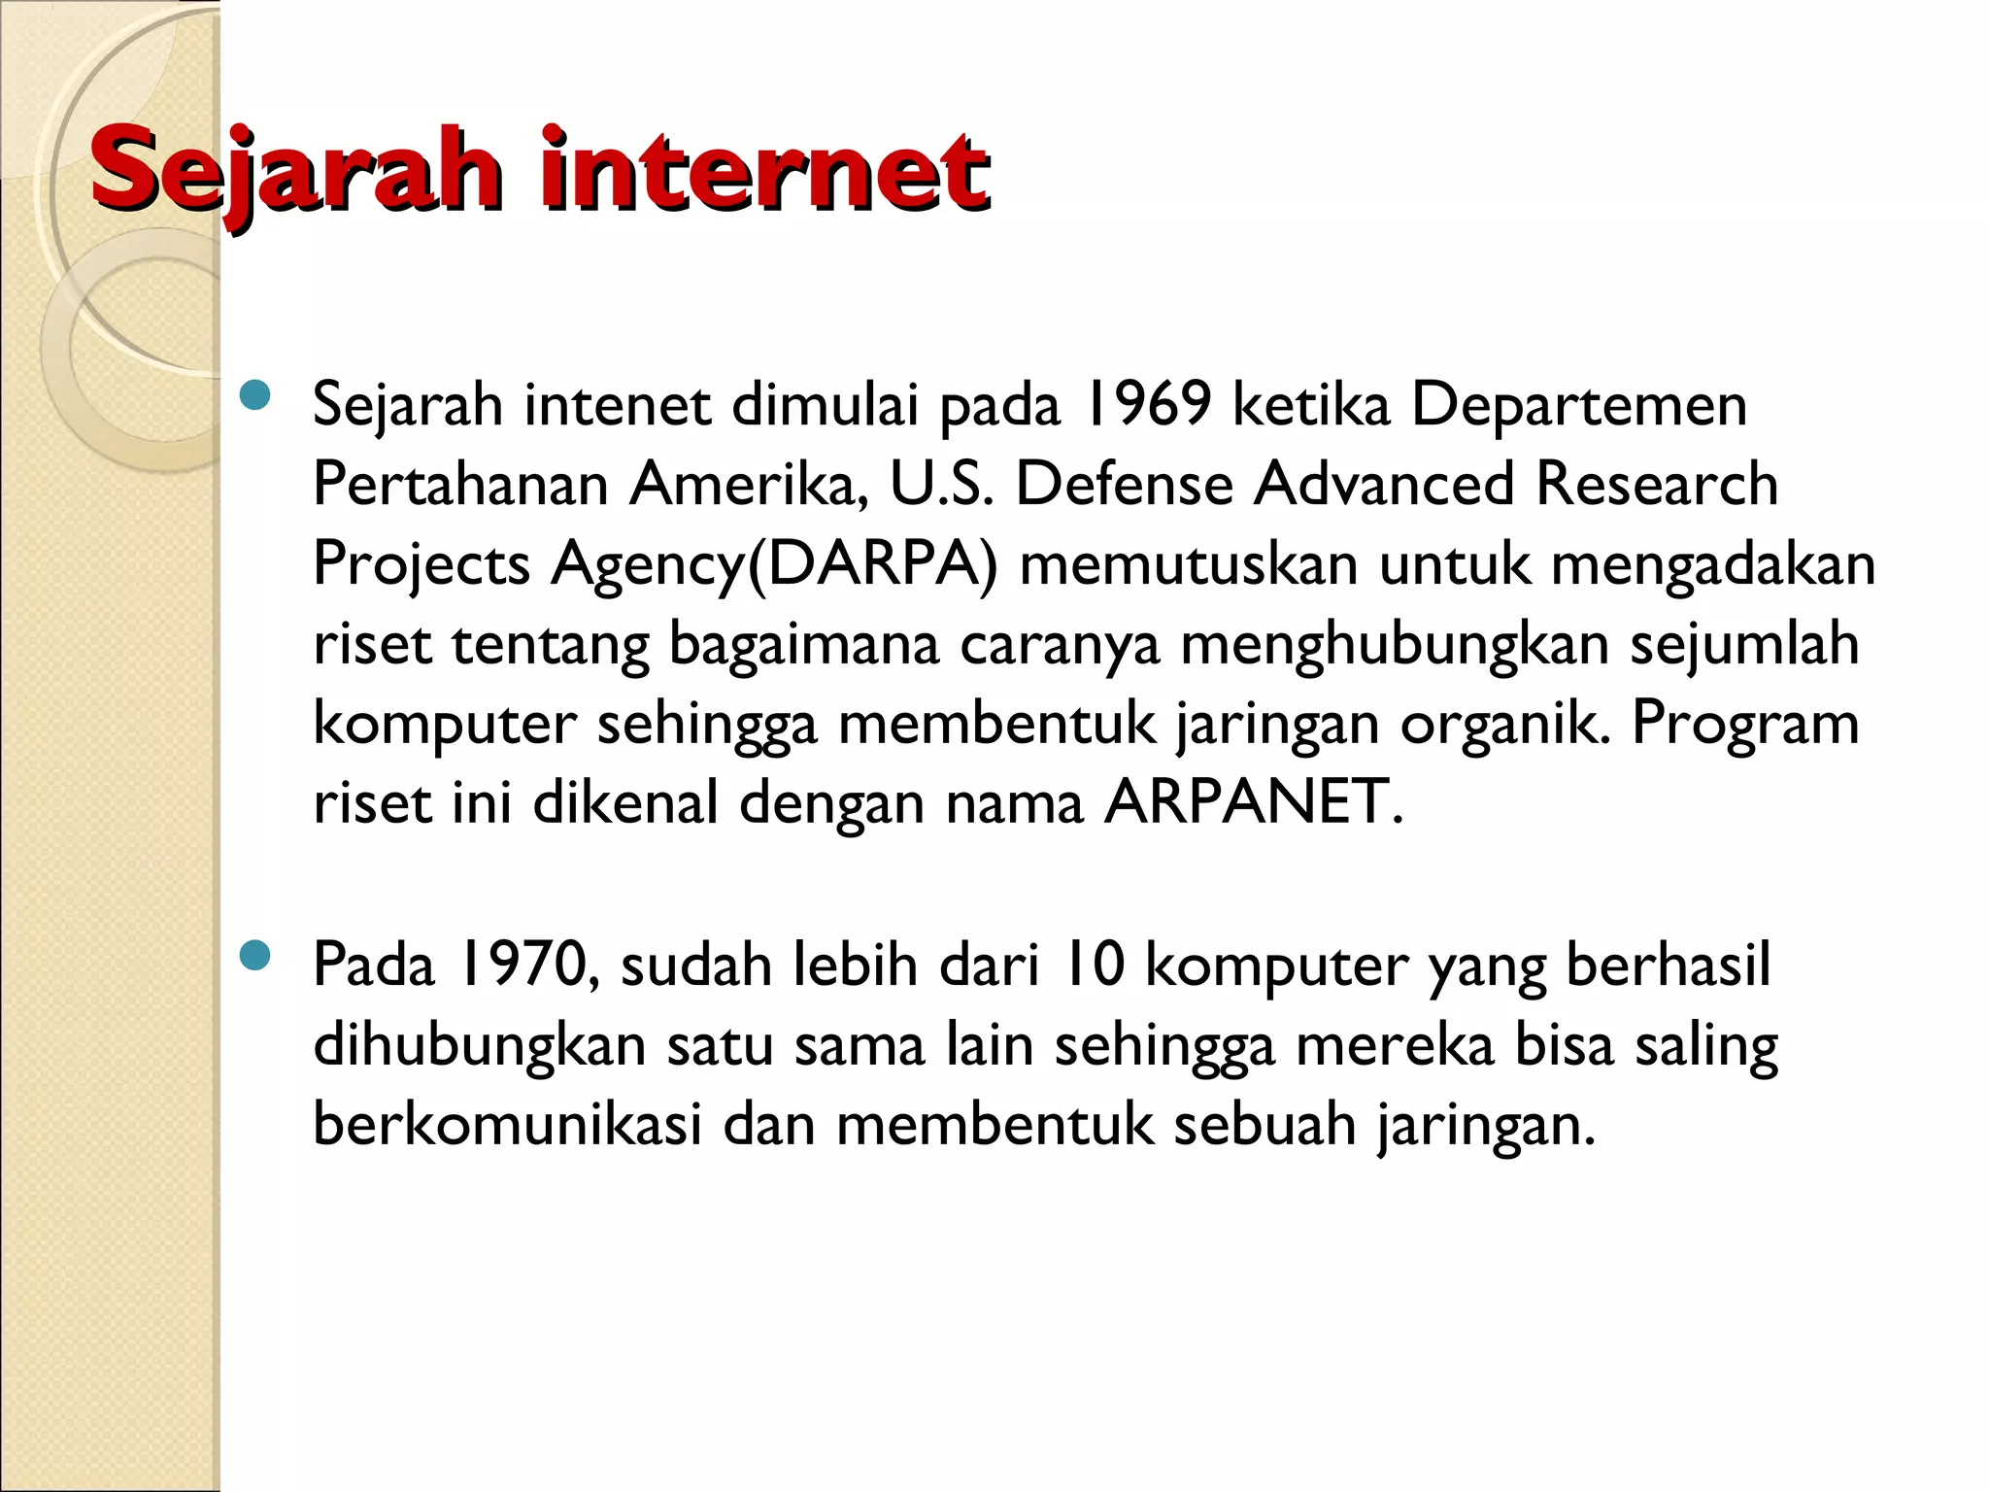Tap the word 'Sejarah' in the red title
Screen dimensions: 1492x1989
296,173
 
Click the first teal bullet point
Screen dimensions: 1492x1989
254,396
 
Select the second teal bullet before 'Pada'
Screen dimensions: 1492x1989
254,957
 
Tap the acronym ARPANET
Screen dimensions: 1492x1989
1253,802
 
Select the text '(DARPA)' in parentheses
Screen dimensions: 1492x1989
870,565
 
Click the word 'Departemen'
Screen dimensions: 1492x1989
1578,404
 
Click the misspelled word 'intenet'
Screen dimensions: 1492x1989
618,404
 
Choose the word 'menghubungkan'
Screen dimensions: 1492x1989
1395,645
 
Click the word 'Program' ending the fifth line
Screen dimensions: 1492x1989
1744,724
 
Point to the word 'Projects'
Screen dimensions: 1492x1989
421,565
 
